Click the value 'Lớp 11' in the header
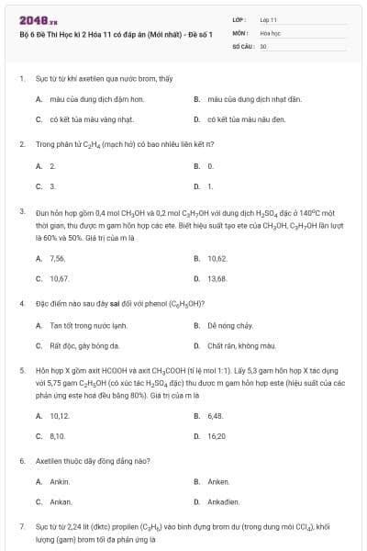point(269,18)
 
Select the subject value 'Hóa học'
point(270,31)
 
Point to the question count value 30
point(263,45)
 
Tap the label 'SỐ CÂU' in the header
point(242,45)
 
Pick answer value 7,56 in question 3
point(58,259)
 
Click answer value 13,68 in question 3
point(217,278)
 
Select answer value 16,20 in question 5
point(217,436)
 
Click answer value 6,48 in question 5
point(216,416)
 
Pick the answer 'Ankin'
point(60,481)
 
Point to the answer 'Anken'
point(218,481)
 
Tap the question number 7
point(21,526)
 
